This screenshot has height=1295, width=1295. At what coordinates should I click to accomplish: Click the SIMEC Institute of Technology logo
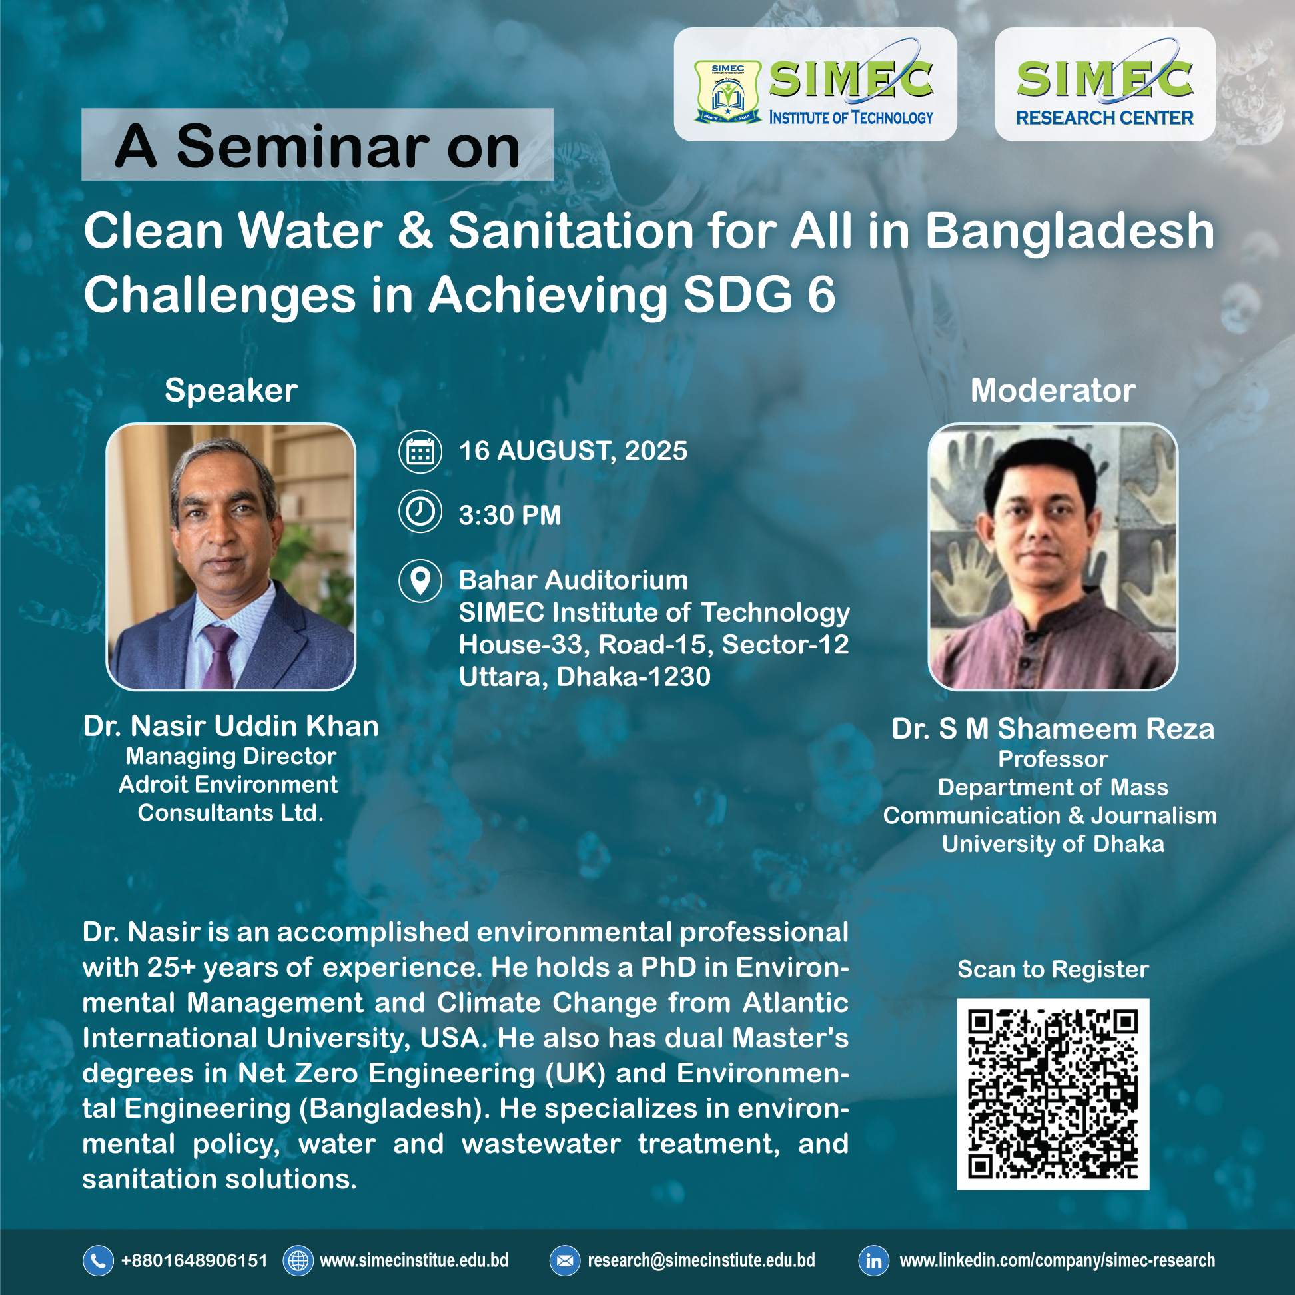pyautogui.click(x=815, y=85)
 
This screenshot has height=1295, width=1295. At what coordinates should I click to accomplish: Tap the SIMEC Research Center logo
pyautogui.click(x=1104, y=85)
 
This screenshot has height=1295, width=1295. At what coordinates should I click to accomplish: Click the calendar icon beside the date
pyautogui.click(x=420, y=452)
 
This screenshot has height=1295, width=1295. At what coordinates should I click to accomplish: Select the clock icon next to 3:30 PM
pyautogui.click(x=420, y=512)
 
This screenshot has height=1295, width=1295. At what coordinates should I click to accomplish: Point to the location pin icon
pyautogui.click(x=420, y=580)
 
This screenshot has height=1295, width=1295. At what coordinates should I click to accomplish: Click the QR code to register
pyautogui.click(x=1053, y=1094)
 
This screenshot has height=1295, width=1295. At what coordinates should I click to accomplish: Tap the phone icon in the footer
pyautogui.click(x=98, y=1261)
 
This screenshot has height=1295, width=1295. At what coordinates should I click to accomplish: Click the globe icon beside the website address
pyautogui.click(x=298, y=1261)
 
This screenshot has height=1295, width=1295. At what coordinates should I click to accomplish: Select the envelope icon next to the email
pyautogui.click(x=564, y=1261)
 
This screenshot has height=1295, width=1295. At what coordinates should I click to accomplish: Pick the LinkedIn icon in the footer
pyautogui.click(x=873, y=1261)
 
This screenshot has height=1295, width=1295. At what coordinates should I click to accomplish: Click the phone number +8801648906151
pyautogui.click(x=195, y=1261)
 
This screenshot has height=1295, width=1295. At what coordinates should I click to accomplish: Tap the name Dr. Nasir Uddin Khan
pyautogui.click(x=231, y=726)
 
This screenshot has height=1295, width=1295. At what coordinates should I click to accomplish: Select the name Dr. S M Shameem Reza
pyautogui.click(x=1053, y=729)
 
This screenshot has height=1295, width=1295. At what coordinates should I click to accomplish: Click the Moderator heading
pyautogui.click(x=1053, y=390)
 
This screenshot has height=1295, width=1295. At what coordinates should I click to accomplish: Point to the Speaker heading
pyautogui.click(x=231, y=391)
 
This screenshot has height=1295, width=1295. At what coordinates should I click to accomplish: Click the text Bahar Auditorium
pyautogui.click(x=574, y=580)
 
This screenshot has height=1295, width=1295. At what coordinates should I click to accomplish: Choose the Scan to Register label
pyautogui.click(x=1053, y=969)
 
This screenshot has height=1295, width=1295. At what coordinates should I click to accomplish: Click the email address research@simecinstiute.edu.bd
pyautogui.click(x=701, y=1261)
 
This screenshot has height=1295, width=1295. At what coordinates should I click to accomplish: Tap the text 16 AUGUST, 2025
pyautogui.click(x=573, y=451)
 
